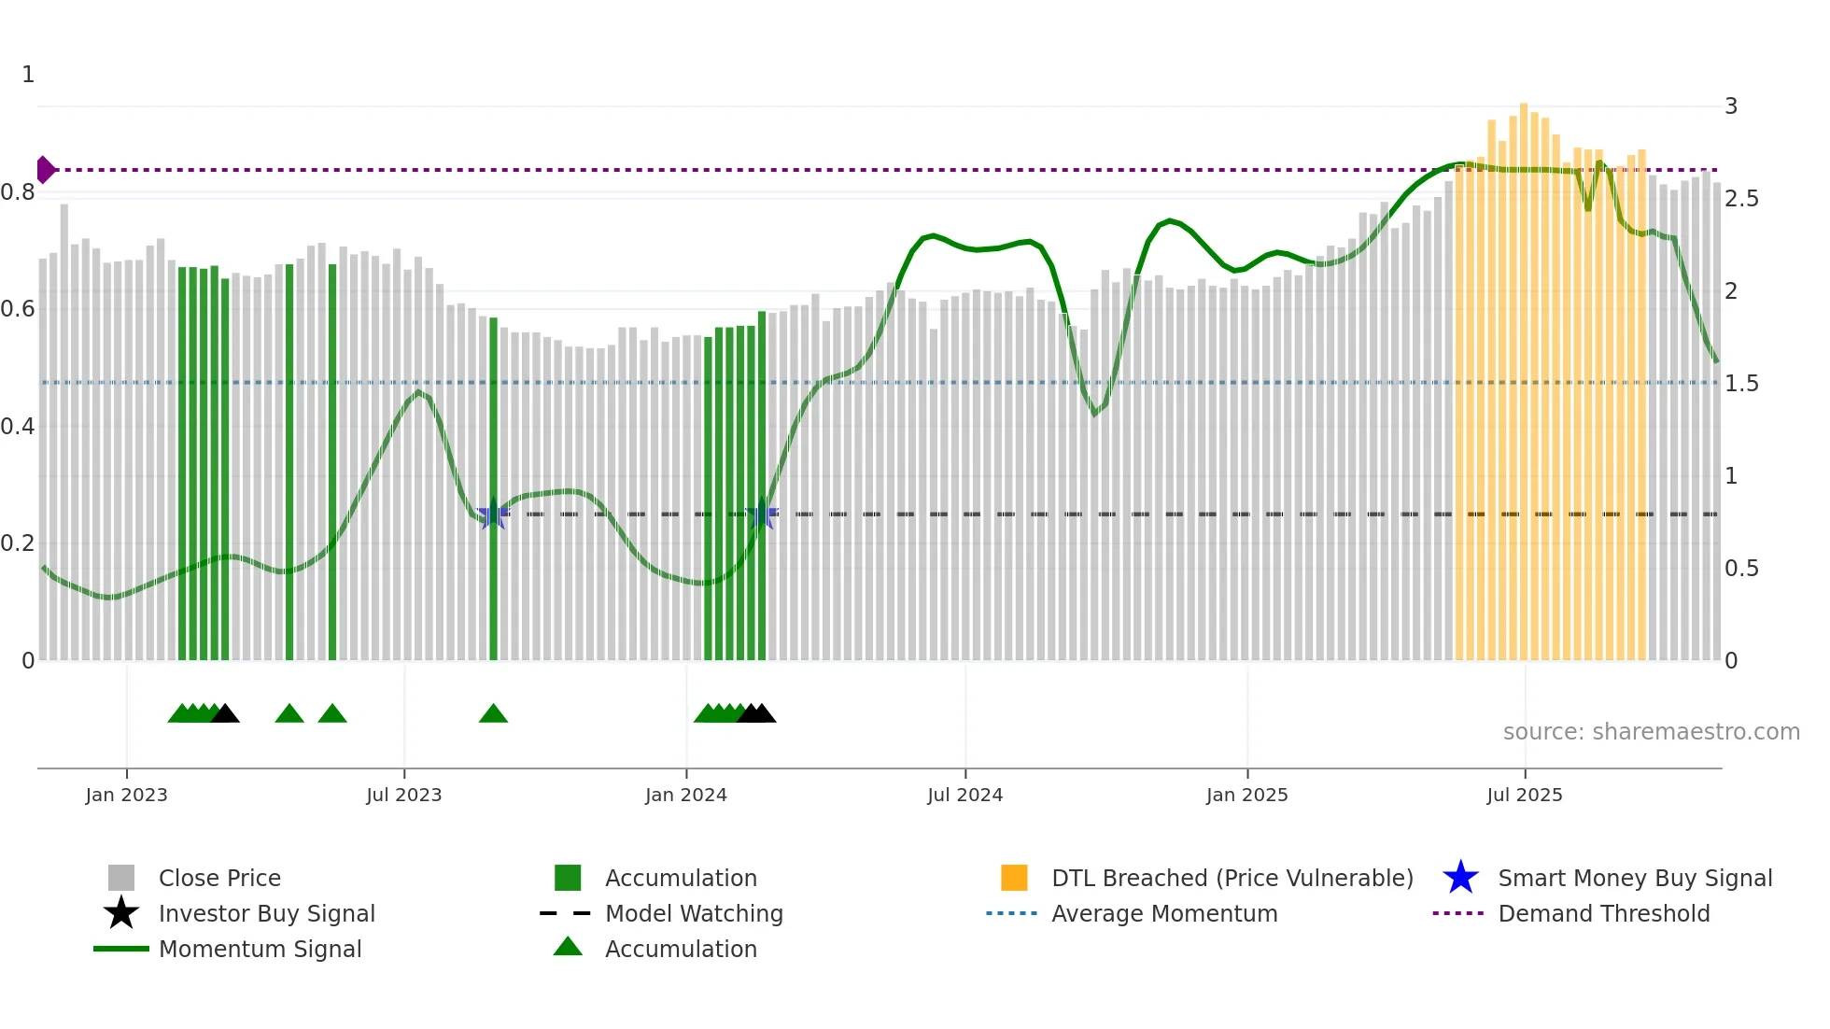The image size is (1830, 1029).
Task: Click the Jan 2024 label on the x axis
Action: click(685, 795)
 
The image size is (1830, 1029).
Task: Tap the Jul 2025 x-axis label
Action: click(1524, 795)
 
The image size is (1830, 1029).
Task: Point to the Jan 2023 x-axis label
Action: click(126, 795)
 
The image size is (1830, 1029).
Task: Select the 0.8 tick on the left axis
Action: click(18, 192)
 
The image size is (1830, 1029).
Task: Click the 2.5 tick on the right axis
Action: click(1741, 199)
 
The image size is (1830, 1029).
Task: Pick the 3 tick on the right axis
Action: click(1731, 106)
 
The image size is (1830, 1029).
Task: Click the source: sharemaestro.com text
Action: click(1651, 732)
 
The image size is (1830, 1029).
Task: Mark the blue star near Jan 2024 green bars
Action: click(763, 514)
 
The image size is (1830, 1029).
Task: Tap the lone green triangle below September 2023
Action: click(493, 714)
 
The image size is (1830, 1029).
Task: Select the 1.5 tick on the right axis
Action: click(1741, 384)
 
